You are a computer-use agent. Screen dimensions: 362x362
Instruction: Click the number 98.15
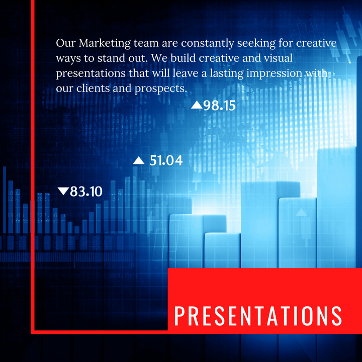(x=219, y=106)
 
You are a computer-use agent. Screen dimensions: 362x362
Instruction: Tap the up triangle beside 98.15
(x=197, y=105)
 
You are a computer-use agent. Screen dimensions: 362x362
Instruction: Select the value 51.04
(x=166, y=161)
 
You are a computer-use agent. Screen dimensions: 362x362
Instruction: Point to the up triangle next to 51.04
(x=139, y=161)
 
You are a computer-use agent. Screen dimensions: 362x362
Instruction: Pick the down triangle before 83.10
(x=63, y=192)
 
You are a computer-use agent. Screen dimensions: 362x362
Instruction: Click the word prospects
(x=161, y=89)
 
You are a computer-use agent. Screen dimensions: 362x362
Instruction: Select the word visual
(x=278, y=58)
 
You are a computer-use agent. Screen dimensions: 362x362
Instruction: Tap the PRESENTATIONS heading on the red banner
(x=258, y=315)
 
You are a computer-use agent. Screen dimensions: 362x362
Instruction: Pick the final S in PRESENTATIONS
(x=336, y=315)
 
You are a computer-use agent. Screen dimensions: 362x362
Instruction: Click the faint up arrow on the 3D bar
(x=301, y=213)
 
